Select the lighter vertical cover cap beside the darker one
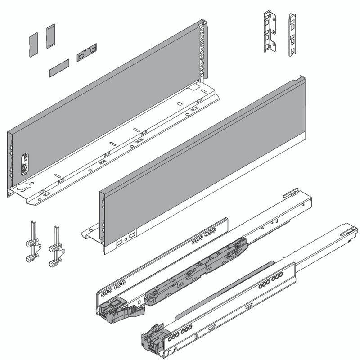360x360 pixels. (50, 36)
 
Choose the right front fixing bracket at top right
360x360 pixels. (292, 35)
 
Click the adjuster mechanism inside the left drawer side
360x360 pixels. (24, 163)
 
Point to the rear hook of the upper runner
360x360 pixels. (292, 193)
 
